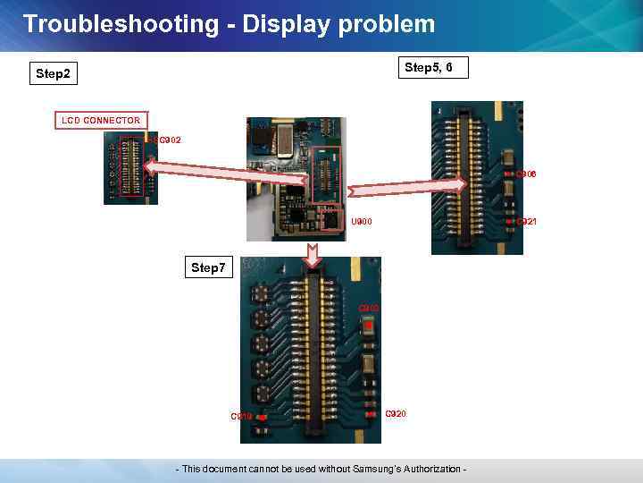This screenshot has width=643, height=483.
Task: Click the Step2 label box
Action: (x=53, y=73)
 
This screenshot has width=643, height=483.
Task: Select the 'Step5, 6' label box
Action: (x=434, y=68)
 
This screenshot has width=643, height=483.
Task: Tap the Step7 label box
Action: (x=209, y=267)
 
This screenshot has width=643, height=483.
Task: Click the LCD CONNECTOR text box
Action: (x=101, y=120)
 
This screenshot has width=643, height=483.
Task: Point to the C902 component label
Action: (x=170, y=140)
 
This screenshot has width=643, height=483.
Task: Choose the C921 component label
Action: (x=526, y=221)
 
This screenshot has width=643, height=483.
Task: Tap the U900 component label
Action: (x=362, y=222)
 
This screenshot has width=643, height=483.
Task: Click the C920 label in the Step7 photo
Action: (x=395, y=414)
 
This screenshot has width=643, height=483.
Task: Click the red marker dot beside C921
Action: (x=507, y=220)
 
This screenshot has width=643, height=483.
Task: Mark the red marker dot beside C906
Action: (x=507, y=174)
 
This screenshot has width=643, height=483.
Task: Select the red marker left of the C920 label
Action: (x=370, y=414)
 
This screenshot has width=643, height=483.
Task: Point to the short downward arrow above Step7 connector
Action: (x=312, y=255)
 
